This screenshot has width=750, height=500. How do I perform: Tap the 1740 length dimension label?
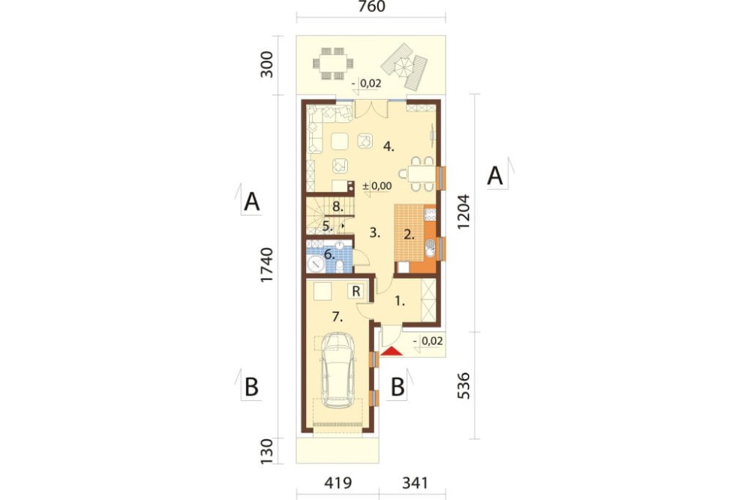pyautogui.click(x=266, y=265)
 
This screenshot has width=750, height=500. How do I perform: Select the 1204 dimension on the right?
pyautogui.click(x=464, y=212)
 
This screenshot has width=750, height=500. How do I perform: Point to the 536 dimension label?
pyautogui.click(x=464, y=386)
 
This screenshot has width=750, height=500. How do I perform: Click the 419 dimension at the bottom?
pyautogui.click(x=337, y=483)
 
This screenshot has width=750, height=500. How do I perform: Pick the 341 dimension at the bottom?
pyautogui.click(x=415, y=483)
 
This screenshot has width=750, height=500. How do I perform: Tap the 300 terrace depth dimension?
pyautogui.click(x=266, y=64)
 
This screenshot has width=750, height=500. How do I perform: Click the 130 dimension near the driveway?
pyautogui.click(x=266, y=451)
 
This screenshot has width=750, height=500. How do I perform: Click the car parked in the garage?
pyautogui.click(x=337, y=369)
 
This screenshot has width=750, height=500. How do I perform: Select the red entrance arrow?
pyautogui.click(x=392, y=351)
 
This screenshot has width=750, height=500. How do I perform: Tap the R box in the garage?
pyautogui.click(x=355, y=291)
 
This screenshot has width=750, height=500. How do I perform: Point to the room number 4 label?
pyautogui.click(x=388, y=147)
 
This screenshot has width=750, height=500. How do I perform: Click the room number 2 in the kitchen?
pyautogui.click(x=409, y=235)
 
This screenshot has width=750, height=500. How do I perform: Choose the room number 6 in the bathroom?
pyautogui.click(x=329, y=255)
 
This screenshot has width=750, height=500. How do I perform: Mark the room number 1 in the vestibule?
pyautogui.click(x=400, y=301)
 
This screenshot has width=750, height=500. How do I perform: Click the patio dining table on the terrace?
pyautogui.click(x=333, y=63)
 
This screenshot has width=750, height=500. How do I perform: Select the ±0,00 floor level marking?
pyautogui.click(x=377, y=186)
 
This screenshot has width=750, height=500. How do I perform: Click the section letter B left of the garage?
pyautogui.click(x=251, y=387)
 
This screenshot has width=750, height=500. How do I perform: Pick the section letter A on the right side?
pyautogui.click(x=495, y=176)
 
